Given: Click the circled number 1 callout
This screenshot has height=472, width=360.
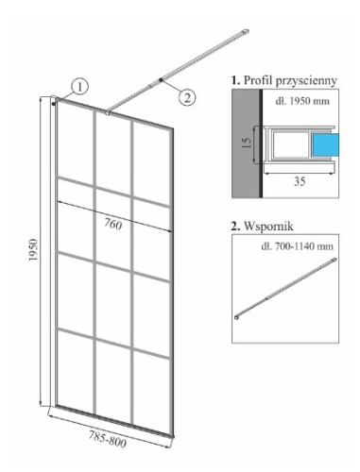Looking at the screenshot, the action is (79, 86).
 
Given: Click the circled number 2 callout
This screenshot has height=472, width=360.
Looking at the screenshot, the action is (187, 97).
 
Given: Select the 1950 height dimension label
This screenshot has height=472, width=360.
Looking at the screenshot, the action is (33, 249).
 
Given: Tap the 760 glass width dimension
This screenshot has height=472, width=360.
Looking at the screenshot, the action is (113, 225).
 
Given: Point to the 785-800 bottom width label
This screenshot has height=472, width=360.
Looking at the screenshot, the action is (108, 439).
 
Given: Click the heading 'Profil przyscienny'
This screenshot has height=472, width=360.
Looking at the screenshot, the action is (284, 80).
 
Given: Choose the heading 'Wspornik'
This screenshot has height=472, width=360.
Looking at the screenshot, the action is (263, 226).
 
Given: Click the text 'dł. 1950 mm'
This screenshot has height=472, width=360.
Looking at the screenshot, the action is (302, 101).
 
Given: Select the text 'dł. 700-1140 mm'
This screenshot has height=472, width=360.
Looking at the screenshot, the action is (297, 246).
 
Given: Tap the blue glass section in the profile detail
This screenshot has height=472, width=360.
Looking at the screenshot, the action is (325, 144).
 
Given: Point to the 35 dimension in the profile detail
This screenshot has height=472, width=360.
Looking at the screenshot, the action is (300, 181).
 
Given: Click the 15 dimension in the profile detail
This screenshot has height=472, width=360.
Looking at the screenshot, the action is (248, 143).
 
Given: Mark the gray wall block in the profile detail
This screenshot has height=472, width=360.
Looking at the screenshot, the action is (246, 143).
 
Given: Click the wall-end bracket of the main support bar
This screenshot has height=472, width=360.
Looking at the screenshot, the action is (245, 32).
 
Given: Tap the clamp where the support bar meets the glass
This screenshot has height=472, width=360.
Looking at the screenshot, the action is (108, 112).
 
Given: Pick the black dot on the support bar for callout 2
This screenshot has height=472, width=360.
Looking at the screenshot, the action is (161, 80).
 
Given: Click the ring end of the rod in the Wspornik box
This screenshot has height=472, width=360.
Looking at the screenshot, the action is (237, 317).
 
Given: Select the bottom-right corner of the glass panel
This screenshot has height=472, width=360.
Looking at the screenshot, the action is (173, 436).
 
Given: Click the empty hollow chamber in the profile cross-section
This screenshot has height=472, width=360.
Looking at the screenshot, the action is (290, 144).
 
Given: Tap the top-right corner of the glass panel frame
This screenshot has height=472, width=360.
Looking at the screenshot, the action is (173, 128).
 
